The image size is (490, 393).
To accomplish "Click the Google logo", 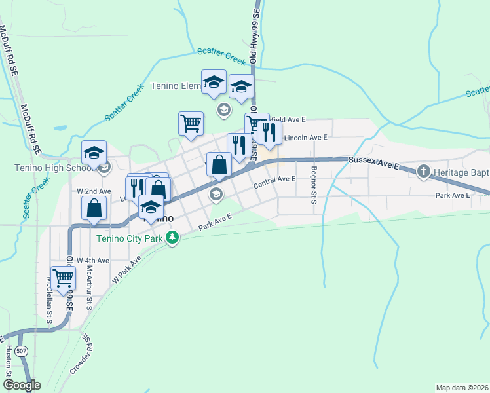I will (21, 386).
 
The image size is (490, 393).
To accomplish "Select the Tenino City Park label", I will (129, 237).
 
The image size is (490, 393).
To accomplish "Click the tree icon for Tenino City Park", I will (172, 237).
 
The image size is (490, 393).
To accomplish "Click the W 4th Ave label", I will (92, 260).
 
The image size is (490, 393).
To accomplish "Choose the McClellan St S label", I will (49, 299).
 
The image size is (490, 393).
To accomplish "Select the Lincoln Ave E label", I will (305, 138).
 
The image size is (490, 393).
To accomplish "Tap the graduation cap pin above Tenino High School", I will (94, 152).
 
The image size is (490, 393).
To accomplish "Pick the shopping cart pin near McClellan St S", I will (63, 278).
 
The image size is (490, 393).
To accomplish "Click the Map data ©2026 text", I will (462, 388).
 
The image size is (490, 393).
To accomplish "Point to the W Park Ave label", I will (127, 269).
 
